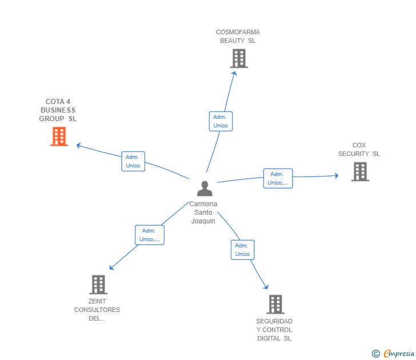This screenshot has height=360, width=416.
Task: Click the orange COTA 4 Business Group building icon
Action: coord(59,137)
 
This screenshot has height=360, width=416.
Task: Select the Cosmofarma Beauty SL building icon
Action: coord(239,58)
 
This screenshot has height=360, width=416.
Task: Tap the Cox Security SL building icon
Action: coord(360,171)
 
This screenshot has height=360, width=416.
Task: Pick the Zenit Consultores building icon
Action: coord(98,285)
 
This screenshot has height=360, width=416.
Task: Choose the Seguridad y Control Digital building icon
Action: coord(275,305)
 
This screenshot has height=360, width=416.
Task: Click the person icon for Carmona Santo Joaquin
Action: coord(204,188)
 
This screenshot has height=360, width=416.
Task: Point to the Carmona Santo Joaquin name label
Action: coord(203,213)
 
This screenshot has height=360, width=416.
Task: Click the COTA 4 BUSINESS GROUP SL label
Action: coord(58,110)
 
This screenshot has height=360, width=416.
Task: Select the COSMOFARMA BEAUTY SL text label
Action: coord(238,37)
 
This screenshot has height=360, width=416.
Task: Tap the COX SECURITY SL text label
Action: coord(359,150)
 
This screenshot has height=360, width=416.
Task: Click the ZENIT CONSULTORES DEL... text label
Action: coord(97,310)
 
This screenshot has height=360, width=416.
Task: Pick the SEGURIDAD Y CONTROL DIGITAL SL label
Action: coord(274,330)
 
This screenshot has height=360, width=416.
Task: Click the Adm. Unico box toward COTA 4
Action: coord(133,161)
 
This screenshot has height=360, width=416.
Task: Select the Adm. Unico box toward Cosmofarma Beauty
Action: coord(221,121)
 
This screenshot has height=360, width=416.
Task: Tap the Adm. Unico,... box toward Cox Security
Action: coord(278,178)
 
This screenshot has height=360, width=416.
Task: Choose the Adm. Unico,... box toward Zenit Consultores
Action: coord(149,235)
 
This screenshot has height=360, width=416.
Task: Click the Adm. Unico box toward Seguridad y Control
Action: coord(242,250)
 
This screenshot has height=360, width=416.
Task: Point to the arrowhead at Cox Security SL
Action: coord(337,176)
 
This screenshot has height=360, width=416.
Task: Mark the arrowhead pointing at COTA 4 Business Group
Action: coord(79,145)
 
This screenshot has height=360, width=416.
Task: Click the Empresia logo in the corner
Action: coord(394,353)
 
